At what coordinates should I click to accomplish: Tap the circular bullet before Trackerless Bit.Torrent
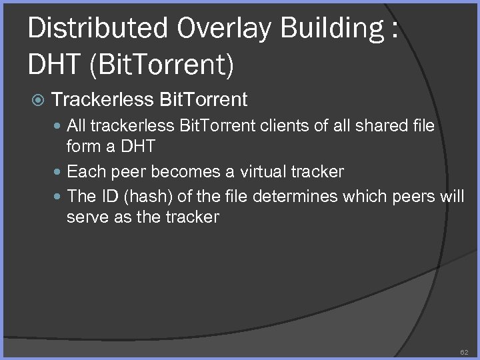pyautogui.click(x=39, y=101)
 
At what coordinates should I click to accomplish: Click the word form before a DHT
pyautogui.click(x=84, y=146)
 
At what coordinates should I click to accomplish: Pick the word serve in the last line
pyautogui.click(x=84, y=217)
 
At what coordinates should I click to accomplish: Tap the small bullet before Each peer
pyautogui.click(x=59, y=172)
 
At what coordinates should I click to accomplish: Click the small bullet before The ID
pyautogui.click(x=59, y=197)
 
